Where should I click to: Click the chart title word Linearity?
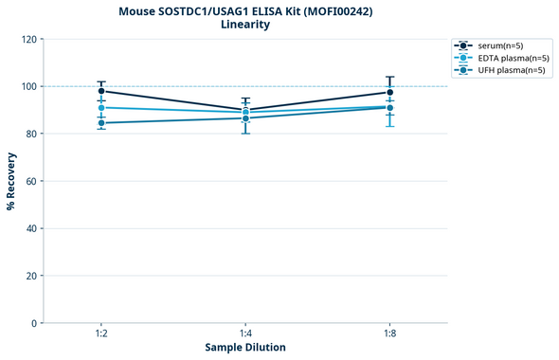pos(245,25)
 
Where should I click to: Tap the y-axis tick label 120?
pos(28,39)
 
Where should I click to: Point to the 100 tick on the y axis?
pos(28,86)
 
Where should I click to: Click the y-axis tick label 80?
pos(31,134)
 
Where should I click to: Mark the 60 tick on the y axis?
pos(31,181)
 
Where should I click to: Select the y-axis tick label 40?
pos(31,228)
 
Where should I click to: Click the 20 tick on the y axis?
pos(31,276)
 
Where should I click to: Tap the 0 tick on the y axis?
pos(34,323)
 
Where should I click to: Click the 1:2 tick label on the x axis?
pos(101,334)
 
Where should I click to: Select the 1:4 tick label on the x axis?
pos(245,334)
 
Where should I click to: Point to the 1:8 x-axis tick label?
pos(389,334)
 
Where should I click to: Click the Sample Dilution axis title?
pos(245,348)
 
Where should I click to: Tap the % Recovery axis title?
pos(11,181)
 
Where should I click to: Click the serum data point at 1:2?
pos(101,91)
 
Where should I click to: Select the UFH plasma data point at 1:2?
pos(101,123)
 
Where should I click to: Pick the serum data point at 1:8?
pos(389,92)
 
